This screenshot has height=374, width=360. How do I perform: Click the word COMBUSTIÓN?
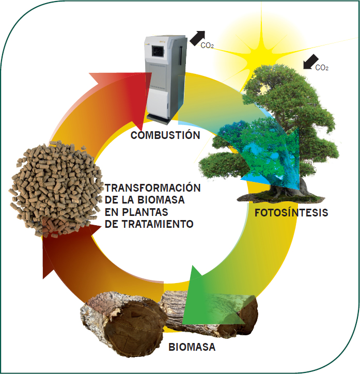(x=165, y=135)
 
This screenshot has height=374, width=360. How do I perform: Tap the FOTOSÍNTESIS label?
(x=291, y=213)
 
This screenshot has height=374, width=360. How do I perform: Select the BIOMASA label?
(x=192, y=347)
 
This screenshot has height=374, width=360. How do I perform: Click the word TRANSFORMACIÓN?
(x=152, y=187)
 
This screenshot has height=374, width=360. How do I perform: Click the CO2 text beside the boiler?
(x=208, y=45)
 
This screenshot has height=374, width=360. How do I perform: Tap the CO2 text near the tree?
(x=322, y=67)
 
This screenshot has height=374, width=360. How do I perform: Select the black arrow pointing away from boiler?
(x=196, y=37)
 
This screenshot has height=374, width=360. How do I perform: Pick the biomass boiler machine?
(x=165, y=77)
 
